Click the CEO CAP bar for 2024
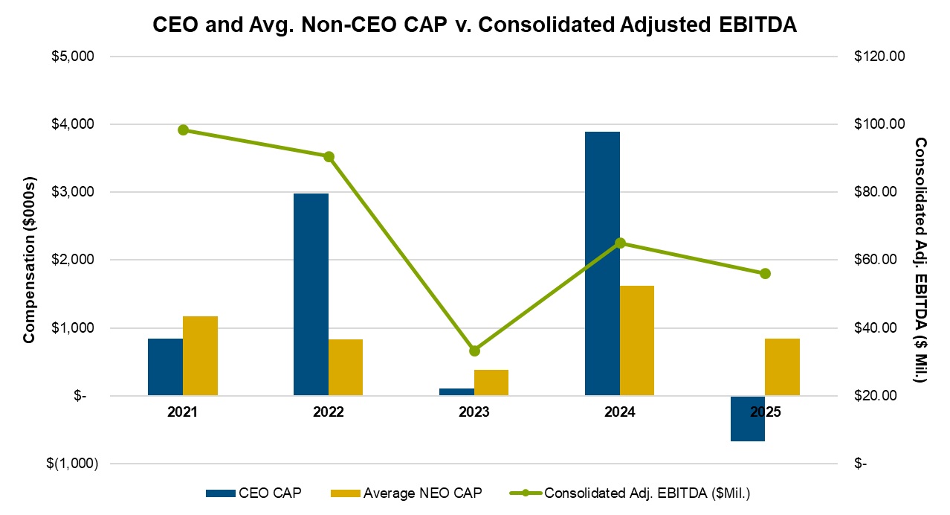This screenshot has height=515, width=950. [x=602, y=263]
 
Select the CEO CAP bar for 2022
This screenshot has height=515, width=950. [x=311, y=294]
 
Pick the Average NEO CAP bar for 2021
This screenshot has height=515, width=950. [x=200, y=356]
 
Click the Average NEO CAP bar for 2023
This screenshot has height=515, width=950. [x=491, y=383]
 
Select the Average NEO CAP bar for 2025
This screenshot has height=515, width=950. [x=783, y=367]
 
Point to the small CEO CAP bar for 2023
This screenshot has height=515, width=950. [x=456, y=391]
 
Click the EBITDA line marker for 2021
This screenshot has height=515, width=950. [x=183, y=129]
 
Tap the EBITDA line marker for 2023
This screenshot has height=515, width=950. [x=474, y=351]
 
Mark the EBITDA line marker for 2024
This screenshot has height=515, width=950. [x=620, y=243]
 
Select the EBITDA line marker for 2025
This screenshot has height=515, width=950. [x=766, y=273]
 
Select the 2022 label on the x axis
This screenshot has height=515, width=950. [x=328, y=412]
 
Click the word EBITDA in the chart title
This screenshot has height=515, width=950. [x=754, y=24]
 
